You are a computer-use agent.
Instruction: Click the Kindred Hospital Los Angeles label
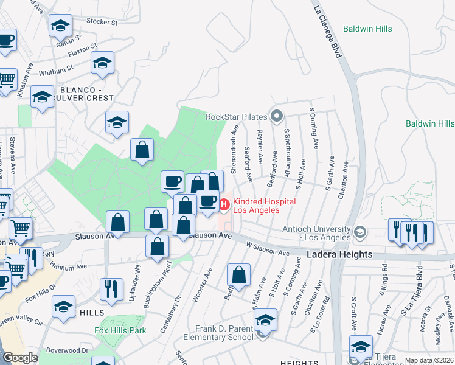(265, 206)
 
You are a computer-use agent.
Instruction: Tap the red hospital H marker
(224, 206)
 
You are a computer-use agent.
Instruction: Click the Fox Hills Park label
(120, 331)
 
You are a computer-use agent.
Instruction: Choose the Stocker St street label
(102, 22)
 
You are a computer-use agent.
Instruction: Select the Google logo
(20, 358)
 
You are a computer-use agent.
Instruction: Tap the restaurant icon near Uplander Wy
(111, 289)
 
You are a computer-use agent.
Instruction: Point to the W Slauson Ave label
(268, 249)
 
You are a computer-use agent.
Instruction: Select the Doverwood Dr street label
(69, 351)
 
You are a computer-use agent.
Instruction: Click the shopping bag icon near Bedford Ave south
(239, 274)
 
